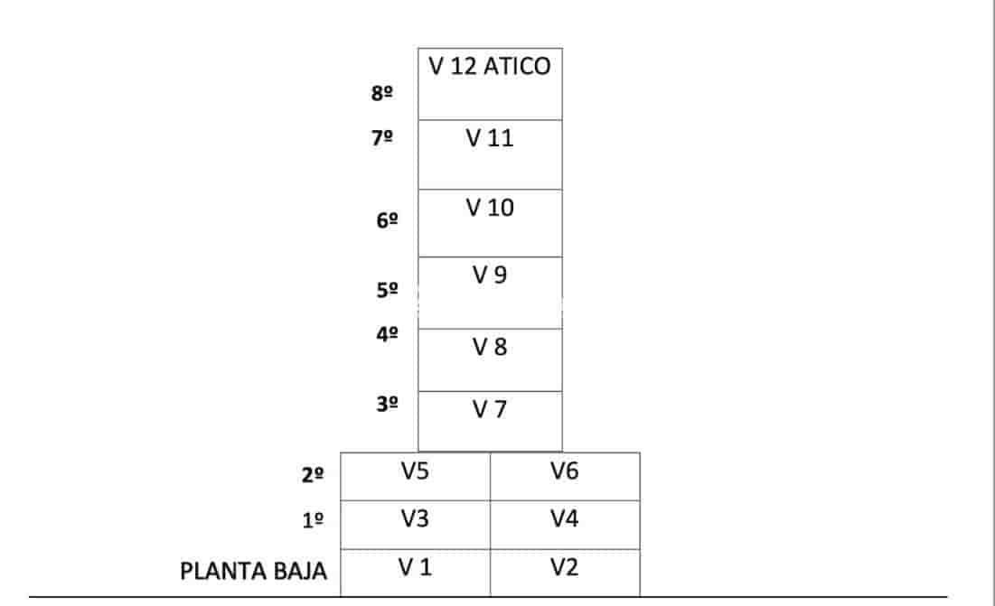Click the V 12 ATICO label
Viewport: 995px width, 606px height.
click(489, 66)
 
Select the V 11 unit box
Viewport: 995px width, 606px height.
click(490, 154)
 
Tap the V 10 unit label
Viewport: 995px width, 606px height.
click(489, 208)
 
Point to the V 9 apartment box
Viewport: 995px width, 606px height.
click(490, 293)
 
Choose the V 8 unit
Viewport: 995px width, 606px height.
click(490, 359)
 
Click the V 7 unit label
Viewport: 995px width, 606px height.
click(489, 409)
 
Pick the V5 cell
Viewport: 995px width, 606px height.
click(415, 476)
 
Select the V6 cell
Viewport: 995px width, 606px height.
click(565, 476)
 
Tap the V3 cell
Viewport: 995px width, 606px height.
click(415, 525)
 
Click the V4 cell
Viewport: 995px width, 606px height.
click(565, 525)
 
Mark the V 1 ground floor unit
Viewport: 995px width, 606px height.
click(415, 573)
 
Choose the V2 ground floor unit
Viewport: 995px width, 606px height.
click(565, 573)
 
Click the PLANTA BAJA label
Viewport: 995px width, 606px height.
click(253, 571)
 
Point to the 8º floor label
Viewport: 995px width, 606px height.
click(382, 93)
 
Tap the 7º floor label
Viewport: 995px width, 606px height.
click(382, 137)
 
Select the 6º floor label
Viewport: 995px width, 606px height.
click(387, 220)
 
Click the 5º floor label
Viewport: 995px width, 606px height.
click(387, 290)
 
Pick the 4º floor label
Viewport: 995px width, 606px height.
click(387, 334)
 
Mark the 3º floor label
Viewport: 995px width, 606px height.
click(387, 404)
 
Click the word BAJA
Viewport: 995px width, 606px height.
click(299, 571)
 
